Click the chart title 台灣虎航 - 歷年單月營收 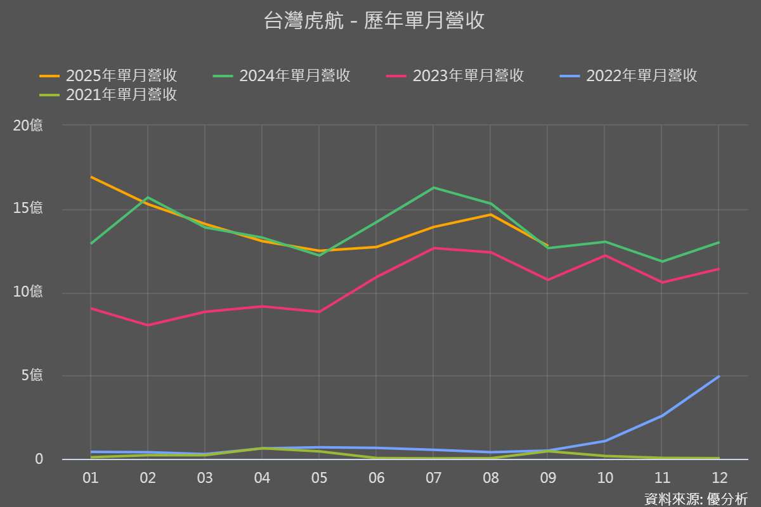(374, 21)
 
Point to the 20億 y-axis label (29, 125)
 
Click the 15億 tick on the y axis (29, 209)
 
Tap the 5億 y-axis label (32, 375)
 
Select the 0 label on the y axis (39, 458)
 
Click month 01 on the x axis (91, 478)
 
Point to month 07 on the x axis (433, 478)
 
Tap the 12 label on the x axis (719, 478)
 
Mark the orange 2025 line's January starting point (91, 177)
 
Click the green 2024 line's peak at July (433, 188)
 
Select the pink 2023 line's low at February (148, 325)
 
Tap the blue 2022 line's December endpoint (719, 376)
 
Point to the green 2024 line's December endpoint (719, 242)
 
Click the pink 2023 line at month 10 (605, 255)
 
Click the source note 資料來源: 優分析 (696, 499)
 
